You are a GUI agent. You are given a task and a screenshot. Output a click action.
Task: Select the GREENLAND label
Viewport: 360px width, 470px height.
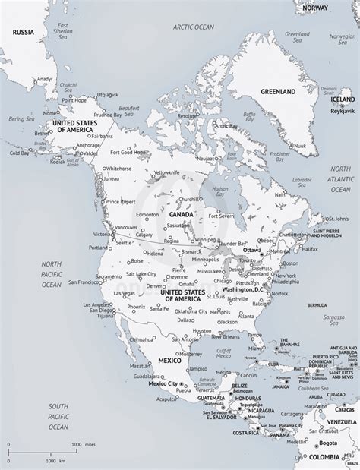click(277, 92)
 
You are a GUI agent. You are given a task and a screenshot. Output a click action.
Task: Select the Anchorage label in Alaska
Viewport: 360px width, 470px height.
click(88, 145)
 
